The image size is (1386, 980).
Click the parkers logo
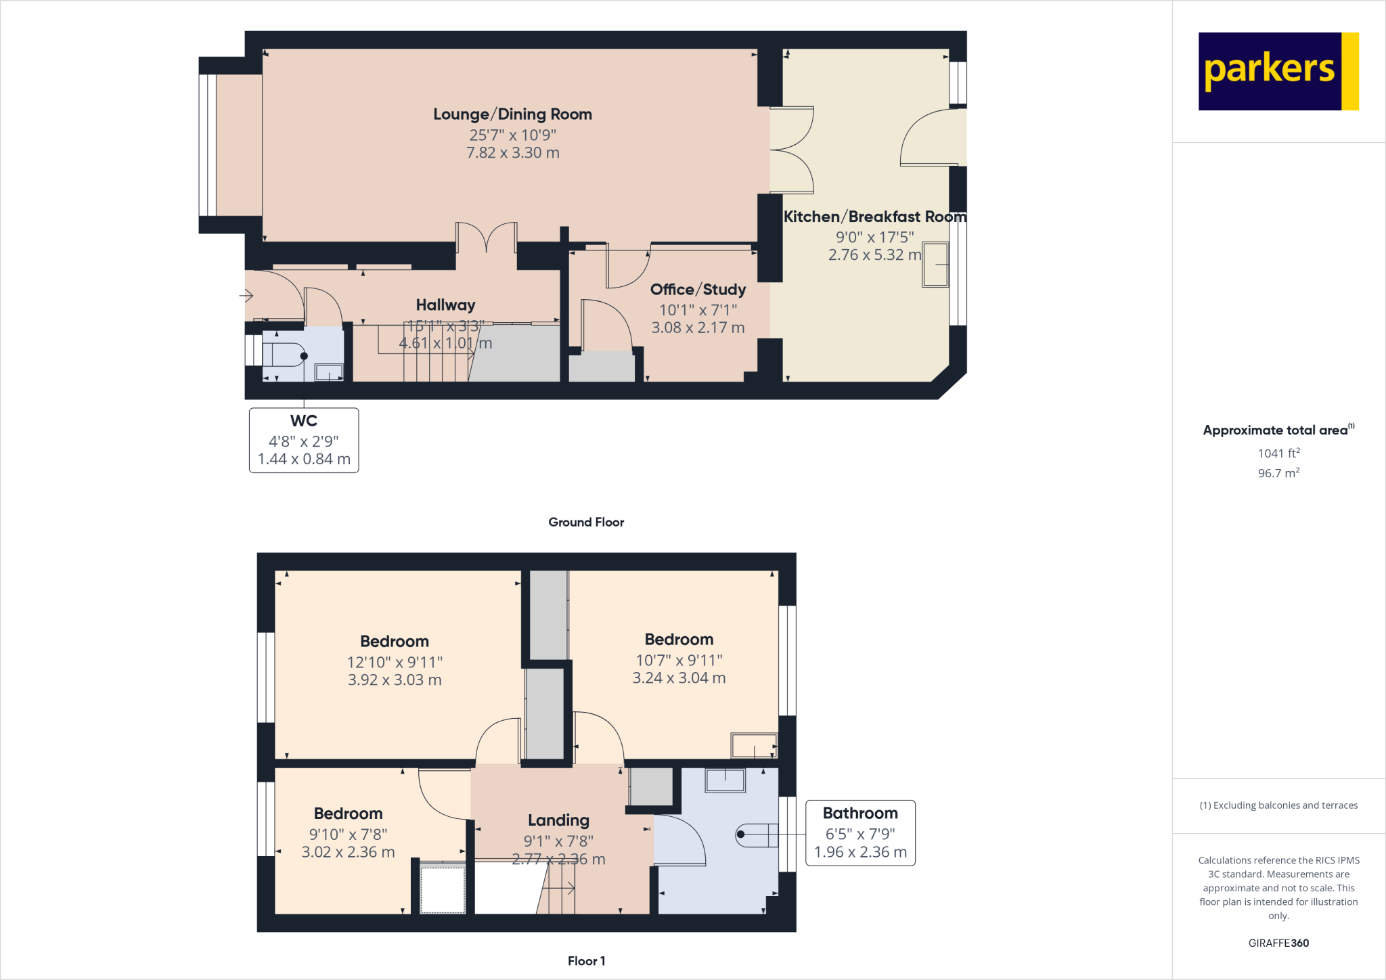pos(1278,71)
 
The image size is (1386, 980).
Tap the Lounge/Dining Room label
pos(512,114)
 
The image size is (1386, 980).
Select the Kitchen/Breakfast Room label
pos(874,217)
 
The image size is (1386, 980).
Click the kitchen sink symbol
pos(935,265)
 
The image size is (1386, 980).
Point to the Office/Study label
pos(698,290)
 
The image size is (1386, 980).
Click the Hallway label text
pos(445,305)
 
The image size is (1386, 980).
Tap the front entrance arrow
pos(246,296)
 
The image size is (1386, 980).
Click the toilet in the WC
pos(284,355)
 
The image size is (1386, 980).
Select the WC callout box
pos(304,440)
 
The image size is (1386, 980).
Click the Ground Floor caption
pos(586,522)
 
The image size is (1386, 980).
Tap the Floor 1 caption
pos(586,961)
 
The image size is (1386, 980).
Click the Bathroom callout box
pos(860,832)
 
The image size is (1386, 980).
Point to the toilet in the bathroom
pos(757,834)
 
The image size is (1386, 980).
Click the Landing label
pos(558,820)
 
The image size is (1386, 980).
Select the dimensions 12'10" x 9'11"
pos(395,662)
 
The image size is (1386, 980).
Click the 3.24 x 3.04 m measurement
pos(679,678)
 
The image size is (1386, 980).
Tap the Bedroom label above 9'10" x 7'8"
pos(348,814)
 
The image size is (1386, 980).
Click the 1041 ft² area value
pos(1278,453)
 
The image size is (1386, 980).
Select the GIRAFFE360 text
pos(1278,943)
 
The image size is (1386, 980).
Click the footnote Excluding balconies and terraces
pos(1278,805)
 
